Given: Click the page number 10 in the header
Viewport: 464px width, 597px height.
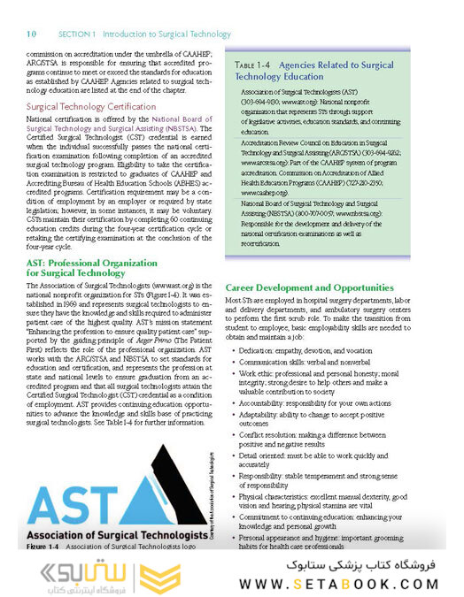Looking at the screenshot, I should coord(31,34).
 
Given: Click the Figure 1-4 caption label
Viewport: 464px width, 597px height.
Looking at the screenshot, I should coord(43,547).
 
